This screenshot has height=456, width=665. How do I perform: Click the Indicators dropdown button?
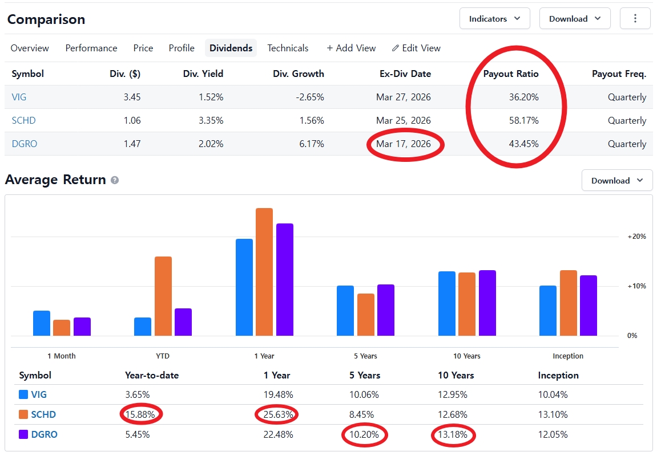tap(494, 19)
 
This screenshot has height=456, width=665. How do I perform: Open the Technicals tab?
tap(288, 48)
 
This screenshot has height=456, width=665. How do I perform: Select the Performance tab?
tap(91, 48)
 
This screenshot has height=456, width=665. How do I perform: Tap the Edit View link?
tap(416, 48)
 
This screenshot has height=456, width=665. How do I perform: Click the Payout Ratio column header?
tap(511, 74)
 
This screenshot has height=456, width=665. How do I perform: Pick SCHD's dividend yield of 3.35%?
tap(211, 121)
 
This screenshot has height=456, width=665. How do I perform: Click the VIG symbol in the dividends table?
tap(19, 97)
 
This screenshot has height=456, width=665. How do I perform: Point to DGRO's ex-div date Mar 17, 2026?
tap(404, 144)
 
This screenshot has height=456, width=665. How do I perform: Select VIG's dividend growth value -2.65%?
tap(309, 97)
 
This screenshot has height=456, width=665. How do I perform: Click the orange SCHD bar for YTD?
tap(163, 296)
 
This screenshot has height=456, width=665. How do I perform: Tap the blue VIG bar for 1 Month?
tap(42, 323)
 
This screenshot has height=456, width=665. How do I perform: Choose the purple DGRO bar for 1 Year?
tap(285, 279)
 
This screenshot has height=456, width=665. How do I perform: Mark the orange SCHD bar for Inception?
tap(569, 303)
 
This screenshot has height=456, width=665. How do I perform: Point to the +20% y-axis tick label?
tap(636, 237)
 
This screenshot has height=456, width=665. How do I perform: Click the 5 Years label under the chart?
tap(365, 356)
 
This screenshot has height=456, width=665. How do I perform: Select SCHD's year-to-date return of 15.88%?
tap(140, 414)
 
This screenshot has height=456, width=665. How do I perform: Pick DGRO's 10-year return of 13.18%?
tap(453, 434)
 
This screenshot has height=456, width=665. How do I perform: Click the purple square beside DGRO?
tap(23, 434)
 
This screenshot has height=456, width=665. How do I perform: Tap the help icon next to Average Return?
tap(115, 180)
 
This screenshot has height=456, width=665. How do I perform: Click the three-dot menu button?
tap(635, 18)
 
